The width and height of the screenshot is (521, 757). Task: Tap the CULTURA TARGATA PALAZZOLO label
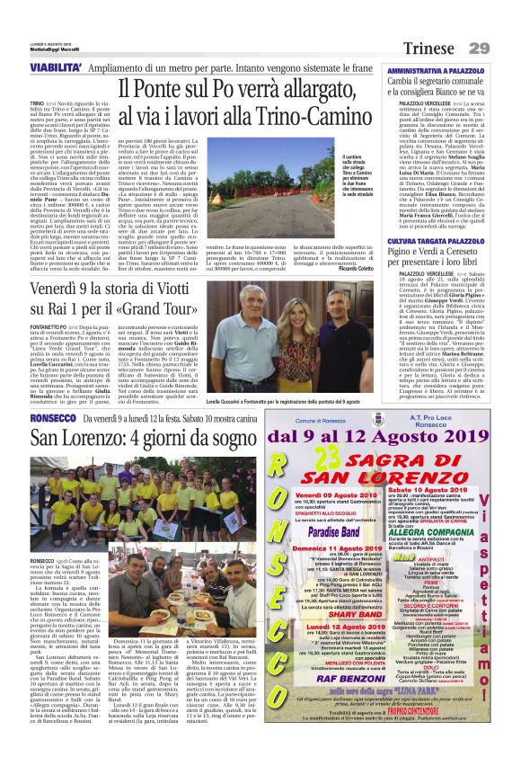pyautogui.click(x=435, y=242)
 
